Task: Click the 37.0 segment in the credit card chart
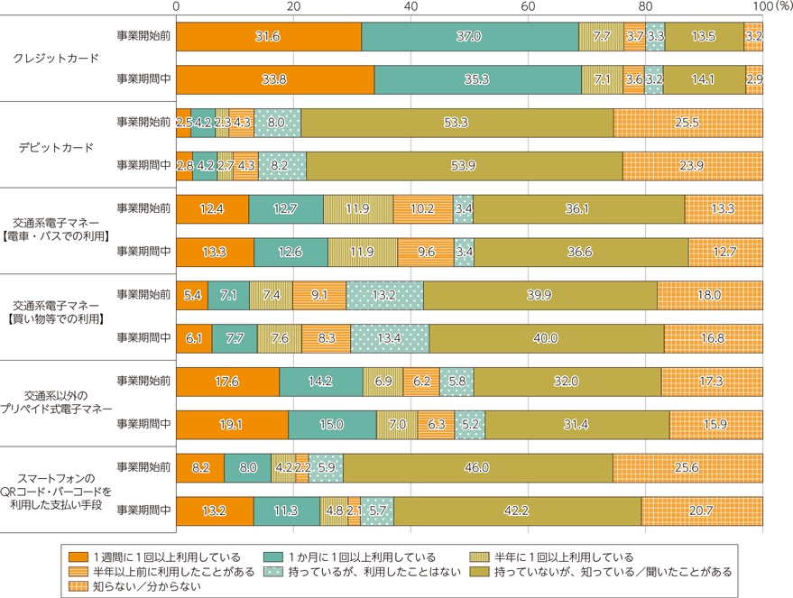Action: point(469,36)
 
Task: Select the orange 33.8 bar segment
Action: point(274,79)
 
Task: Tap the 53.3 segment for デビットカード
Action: point(456,122)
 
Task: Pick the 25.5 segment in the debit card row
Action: point(687,122)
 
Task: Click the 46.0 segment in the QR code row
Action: point(476,467)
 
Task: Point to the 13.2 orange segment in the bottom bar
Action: point(214,511)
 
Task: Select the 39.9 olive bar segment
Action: point(539,295)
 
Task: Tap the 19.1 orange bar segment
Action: point(232,424)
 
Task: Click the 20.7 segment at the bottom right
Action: point(701,511)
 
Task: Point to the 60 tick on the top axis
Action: point(528,6)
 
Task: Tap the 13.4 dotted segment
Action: point(390,338)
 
